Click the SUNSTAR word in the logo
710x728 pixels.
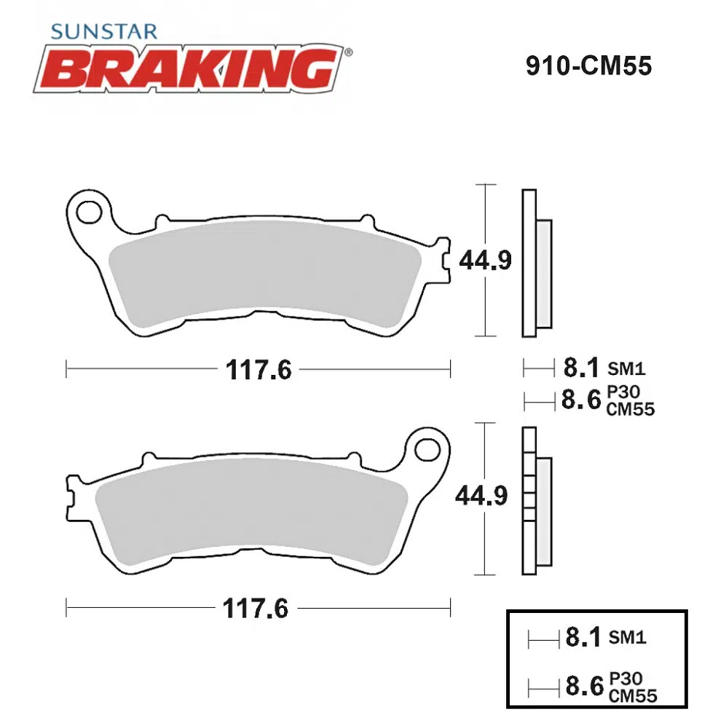point(104,31)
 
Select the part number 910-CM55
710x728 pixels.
point(589,66)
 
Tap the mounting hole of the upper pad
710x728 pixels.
point(89,213)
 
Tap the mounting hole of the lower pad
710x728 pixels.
point(427,449)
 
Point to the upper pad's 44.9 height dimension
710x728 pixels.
point(485,260)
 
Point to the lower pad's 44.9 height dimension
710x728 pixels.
point(481,496)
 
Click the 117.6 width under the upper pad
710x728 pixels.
point(259,370)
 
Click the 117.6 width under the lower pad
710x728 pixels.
point(256,608)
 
